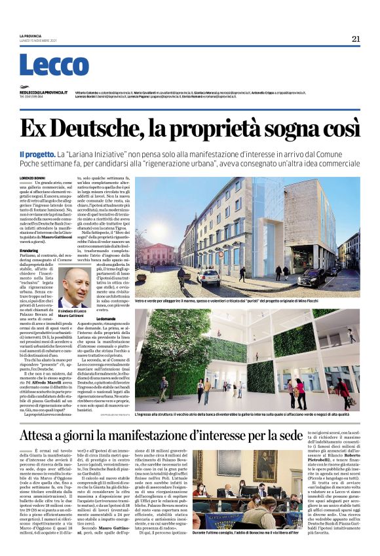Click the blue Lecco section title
pyautogui.click(x=45, y=65)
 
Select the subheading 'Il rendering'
pyautogui.click(x=29, y=249)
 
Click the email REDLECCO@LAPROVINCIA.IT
pyautogui.click(x=47, y=93)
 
